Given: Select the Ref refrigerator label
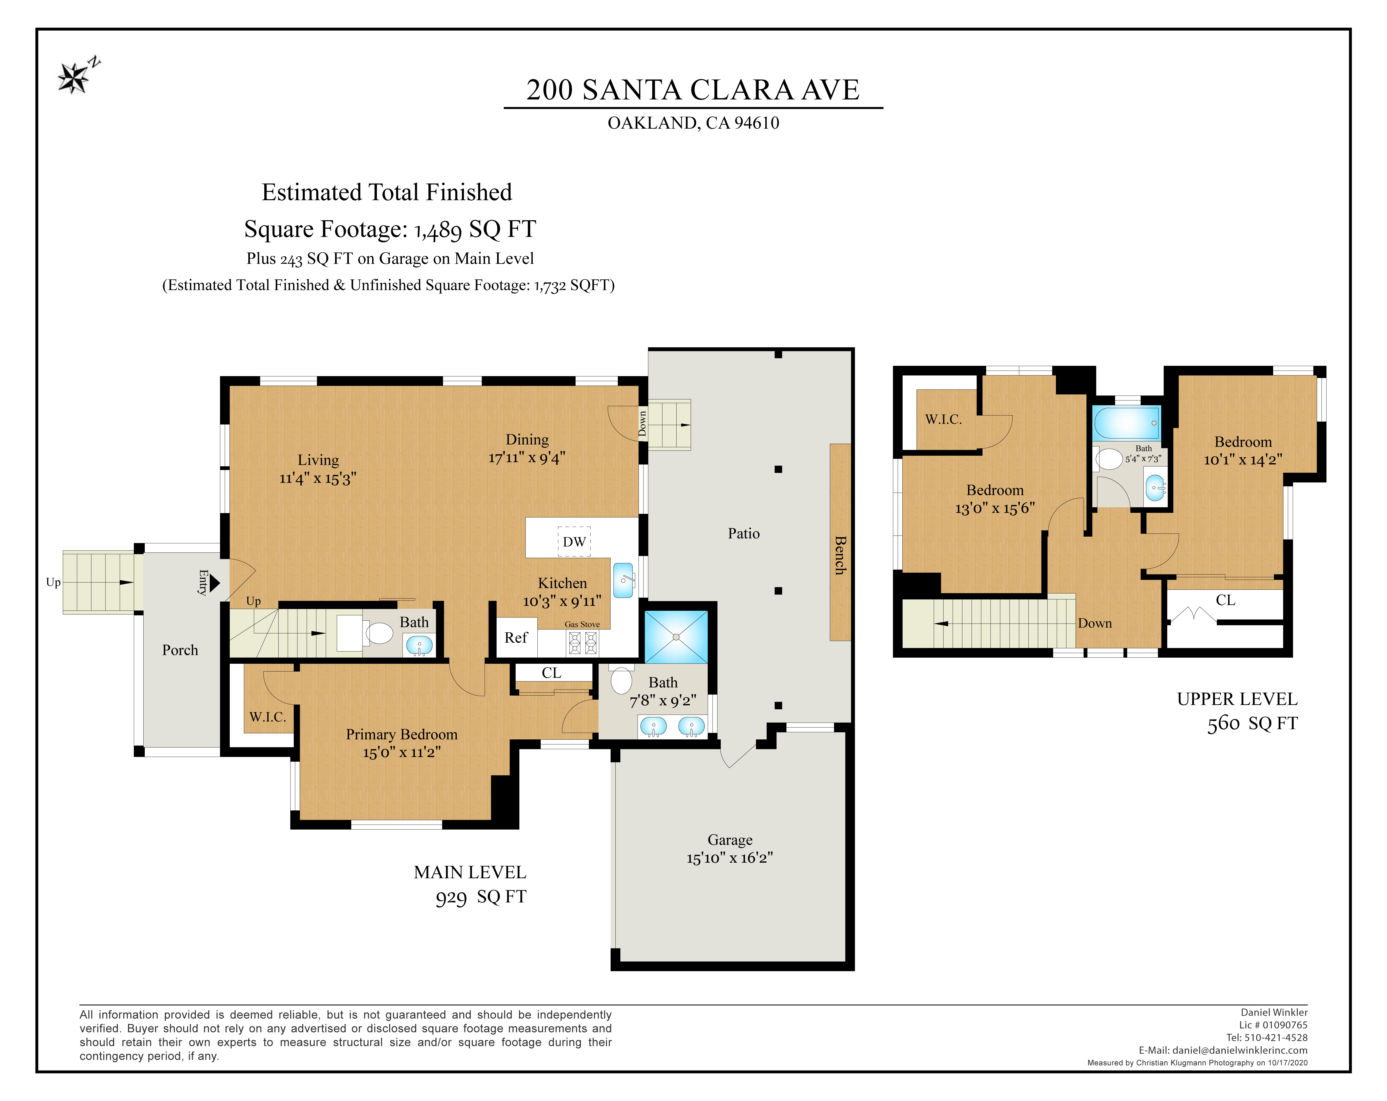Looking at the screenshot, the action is point(516,637).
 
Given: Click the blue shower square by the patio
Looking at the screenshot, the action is point(676,637).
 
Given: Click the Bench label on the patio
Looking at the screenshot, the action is point(840,555).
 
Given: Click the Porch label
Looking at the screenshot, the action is point(180,650).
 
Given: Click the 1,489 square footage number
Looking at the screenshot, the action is point(438,230).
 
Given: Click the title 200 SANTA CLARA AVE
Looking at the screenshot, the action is point(693,89).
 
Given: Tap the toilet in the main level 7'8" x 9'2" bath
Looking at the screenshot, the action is point(621,680).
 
